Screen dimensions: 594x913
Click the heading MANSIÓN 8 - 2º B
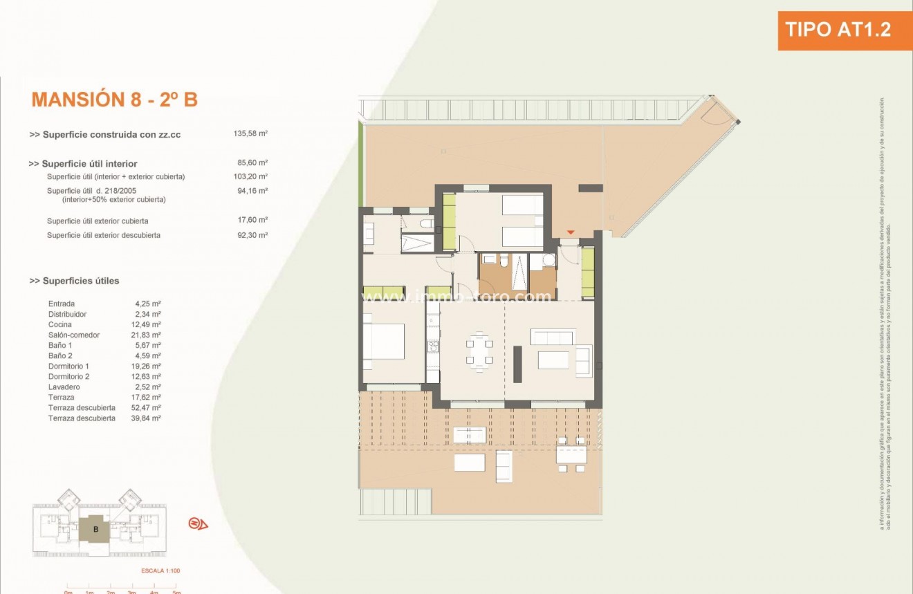[115, 100]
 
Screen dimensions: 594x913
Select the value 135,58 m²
[250, 135]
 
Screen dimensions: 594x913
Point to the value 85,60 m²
[252, 164]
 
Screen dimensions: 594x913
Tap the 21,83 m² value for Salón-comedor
[148, 335]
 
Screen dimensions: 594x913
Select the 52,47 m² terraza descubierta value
[148, 407]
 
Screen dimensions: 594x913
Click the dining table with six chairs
[479, 351]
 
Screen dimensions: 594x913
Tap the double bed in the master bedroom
[384, 341]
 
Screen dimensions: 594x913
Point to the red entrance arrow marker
[571, 233]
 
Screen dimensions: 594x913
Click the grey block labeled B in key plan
[96, 530]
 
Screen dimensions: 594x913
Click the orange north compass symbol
[198, 523]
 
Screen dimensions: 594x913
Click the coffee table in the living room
[553, 360]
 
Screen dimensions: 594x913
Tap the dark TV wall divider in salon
[517, 364]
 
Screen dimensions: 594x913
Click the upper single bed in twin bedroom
[522, 205]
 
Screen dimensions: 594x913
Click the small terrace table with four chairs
[571, 454]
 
